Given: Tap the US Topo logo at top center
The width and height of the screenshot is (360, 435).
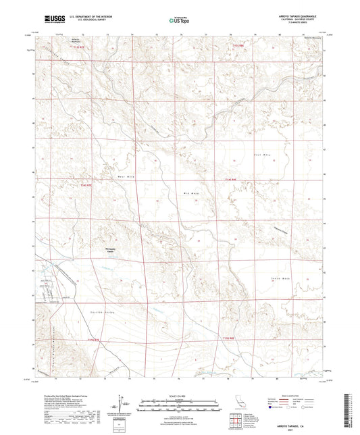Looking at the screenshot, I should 179,20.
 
